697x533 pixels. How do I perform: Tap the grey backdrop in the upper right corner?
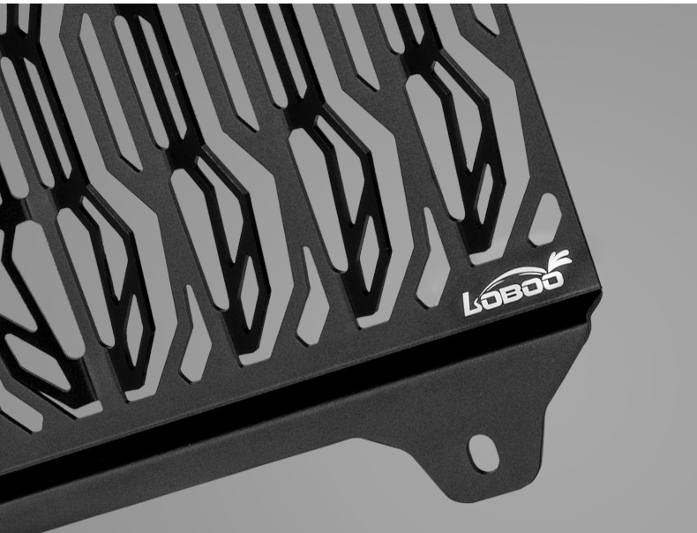tap(644, 53)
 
